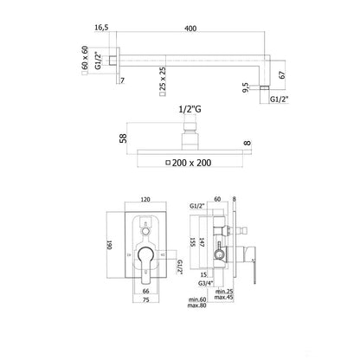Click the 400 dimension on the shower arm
[x=190, y=29]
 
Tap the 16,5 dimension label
[x=101, y=28]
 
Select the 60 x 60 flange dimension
[x=85, y=57]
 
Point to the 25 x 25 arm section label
[x=163, y=78]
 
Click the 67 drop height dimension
[x=283, y=74]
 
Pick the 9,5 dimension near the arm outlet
[x=246, y=87]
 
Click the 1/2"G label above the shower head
[x=190, y=109]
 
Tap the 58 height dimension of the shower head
[x=124, y=138]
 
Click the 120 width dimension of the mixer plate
[x=145, y=200]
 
